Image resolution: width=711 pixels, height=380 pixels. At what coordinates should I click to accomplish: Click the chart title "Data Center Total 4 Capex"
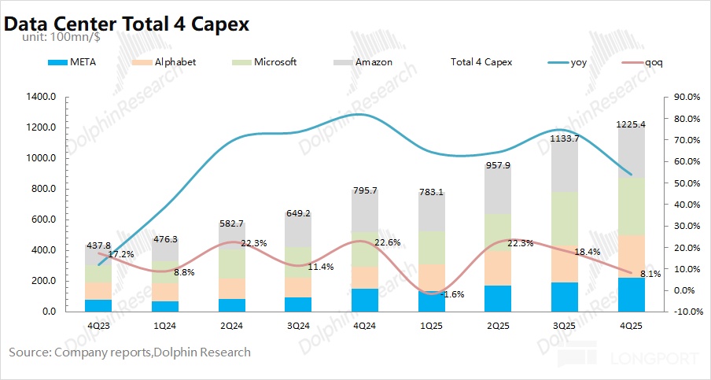[x=127, y=24]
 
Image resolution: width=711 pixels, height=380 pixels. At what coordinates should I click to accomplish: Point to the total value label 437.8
[x=99, y=245]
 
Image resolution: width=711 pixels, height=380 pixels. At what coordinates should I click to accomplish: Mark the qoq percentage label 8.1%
[x=650, y=274]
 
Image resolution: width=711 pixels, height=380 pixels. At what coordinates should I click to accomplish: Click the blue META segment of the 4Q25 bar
[x=631, y=294]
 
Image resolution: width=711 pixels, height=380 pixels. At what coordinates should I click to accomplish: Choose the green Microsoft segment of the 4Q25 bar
[x=631, y=206]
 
